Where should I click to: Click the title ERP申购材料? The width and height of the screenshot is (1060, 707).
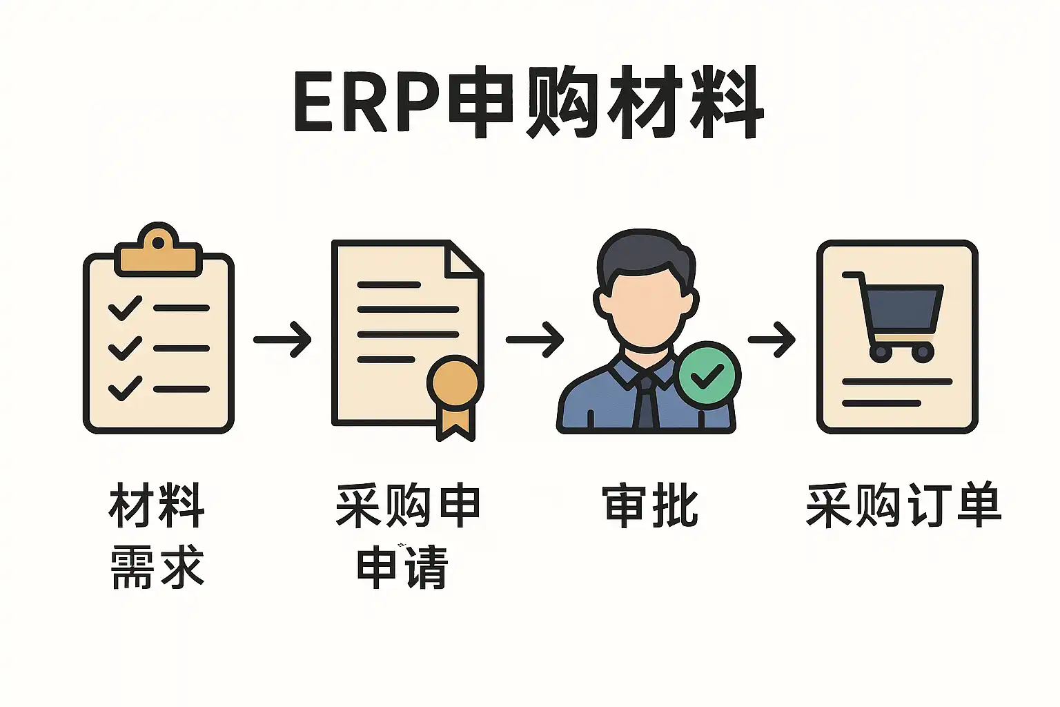[x=529, y=102]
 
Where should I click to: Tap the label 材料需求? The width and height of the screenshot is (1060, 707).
[x=157, y=536]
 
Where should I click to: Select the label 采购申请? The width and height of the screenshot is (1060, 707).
[x=407, y=536]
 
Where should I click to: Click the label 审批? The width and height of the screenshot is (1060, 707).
[x=650, y=506]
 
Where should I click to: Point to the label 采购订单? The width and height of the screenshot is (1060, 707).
[x=903, y=506]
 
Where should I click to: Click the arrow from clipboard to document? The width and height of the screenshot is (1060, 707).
[x=282, y=339]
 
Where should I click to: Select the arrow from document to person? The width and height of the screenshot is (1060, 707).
[x=535, y=339]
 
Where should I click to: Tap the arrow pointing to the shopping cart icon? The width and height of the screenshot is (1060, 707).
[x=772, y=339]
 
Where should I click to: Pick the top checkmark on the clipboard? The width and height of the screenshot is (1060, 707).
[x=125, y=308]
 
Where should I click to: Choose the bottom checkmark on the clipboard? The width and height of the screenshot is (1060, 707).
[x=125, y=388]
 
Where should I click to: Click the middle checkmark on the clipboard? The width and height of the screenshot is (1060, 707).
[x=125, y=348]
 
